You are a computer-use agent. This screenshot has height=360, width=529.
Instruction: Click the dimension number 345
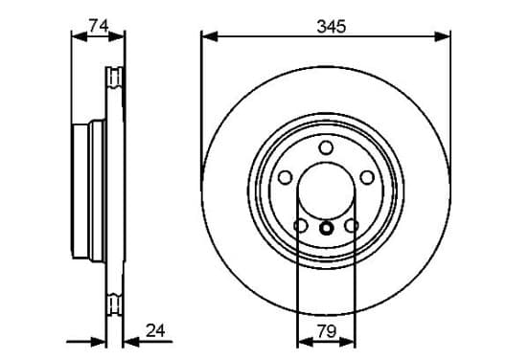tap(332, 27)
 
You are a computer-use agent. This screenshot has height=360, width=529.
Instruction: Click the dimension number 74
tap(98, 26)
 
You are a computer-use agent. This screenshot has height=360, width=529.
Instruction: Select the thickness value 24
tap(155, 330)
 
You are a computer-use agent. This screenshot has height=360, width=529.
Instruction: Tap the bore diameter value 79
tap(327, 331)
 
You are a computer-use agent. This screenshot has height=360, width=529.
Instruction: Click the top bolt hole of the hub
tap(326, 147)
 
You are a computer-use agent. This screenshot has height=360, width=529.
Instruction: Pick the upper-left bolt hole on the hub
tap(286, 177)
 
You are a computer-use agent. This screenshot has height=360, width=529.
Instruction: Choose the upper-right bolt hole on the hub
tap(367, 177)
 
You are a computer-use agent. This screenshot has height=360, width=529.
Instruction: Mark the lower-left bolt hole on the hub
tap(301, 226)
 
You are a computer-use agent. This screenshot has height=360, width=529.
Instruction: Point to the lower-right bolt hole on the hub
tap(352, 226)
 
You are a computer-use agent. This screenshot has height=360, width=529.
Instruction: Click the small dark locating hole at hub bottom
tap(326, 228)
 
